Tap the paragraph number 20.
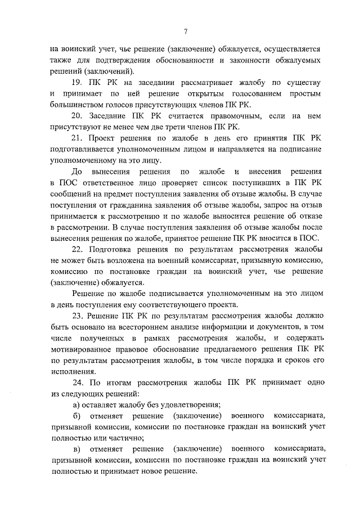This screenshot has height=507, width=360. (78, 116)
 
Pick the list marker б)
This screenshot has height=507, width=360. (78, 415)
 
